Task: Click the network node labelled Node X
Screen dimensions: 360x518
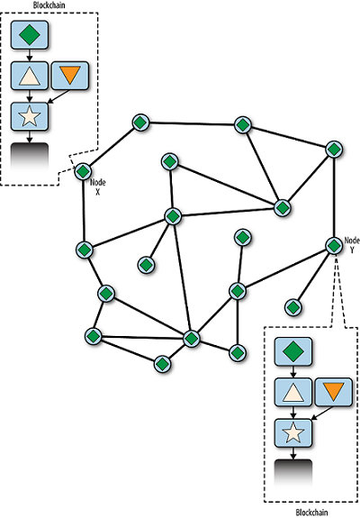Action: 83,171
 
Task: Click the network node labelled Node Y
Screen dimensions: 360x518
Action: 334,246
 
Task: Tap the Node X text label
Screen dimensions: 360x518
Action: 98,187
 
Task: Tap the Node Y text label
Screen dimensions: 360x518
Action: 352,245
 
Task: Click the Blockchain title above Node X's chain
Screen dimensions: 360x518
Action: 49,5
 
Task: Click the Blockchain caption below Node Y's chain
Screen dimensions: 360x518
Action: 311,513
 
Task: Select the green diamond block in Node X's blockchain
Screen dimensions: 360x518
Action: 30,35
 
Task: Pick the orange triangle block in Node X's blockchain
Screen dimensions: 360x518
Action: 70,76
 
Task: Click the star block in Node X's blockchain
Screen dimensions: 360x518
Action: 30,116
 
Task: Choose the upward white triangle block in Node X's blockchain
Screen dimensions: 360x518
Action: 30,76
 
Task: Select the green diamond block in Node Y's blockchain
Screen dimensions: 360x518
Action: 293,351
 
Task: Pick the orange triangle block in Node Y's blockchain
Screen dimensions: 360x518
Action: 334,392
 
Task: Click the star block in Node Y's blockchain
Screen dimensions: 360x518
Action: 293,433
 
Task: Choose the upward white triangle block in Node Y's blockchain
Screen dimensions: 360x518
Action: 293,392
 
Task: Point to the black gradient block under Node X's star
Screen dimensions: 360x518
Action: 30,157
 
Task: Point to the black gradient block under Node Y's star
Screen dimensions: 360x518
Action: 293,473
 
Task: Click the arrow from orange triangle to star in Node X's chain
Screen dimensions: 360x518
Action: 58,96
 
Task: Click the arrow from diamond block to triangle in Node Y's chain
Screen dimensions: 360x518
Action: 293,372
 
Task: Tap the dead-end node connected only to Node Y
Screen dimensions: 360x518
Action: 293,307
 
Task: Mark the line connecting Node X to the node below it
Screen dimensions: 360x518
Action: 84,210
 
